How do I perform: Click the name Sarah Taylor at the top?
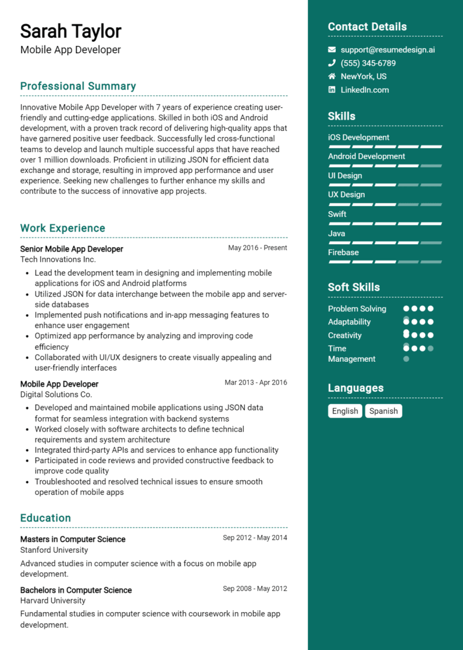pyautogui.click(x=71, y=31)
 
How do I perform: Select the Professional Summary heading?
pyautogui.click(x=78, y=86)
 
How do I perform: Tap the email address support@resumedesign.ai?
pyautogui.click(x=388, y=50)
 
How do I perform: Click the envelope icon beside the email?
pyautogui.click(x=332, y=50)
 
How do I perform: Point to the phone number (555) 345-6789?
pyautogui.click(x=368, y=63)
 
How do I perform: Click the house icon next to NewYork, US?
pyautogui.click(x=332, y=77)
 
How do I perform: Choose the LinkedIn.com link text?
pyautogui.click(x=365, y=90)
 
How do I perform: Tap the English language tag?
pyautogui.click(x=345, y=411)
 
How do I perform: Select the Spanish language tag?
pyautogui.click(x=383, y=411)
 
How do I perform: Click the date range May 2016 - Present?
pyautogui.click(x=257, y=248)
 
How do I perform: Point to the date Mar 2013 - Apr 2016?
pyautogui.click(x=256, y=383)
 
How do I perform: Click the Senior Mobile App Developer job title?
pyautogui.click(x=72, y=249)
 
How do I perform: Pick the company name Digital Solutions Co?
pyautogui.click(x=56, y=394)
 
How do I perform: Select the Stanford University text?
pyautogui.click(x=54, y=550)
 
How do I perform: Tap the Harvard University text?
pyautogui.click(x=53, y=601)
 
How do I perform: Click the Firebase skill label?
pyautogui.click(x=343, y=253)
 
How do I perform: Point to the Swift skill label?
pyautogui.click(x=337, y=214)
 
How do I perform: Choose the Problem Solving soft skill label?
pyautogui.click(x=357, y=309)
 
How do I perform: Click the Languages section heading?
pyautogui.click(x=356, y=388)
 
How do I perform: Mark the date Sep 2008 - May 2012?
pyautogui.click(x=255, y=589)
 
